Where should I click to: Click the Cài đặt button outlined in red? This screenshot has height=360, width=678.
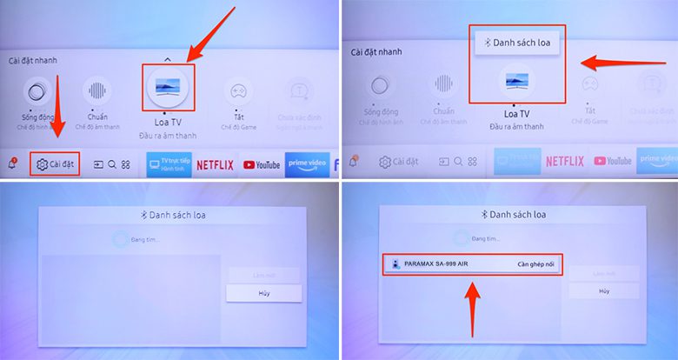(x=55, y=163)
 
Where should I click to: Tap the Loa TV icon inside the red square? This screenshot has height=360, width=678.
(x=168, y=85)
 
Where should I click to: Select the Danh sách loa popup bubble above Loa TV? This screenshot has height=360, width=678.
(x=516, y=41)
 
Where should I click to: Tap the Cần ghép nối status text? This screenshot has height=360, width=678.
(x=535, y=263)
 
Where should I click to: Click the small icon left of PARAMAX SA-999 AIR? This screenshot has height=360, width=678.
(x=395, y=263)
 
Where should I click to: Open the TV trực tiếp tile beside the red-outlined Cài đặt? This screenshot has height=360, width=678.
(x=169, y=163)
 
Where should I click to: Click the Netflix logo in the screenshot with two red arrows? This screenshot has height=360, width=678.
(x=215, y=163)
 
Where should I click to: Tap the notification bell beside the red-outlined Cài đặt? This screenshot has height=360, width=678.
(x=13, y=163)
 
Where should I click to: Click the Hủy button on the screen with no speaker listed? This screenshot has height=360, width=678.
(x=263, y=293)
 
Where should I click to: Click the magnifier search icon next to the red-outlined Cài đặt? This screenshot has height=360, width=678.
(x=112, y=163)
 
